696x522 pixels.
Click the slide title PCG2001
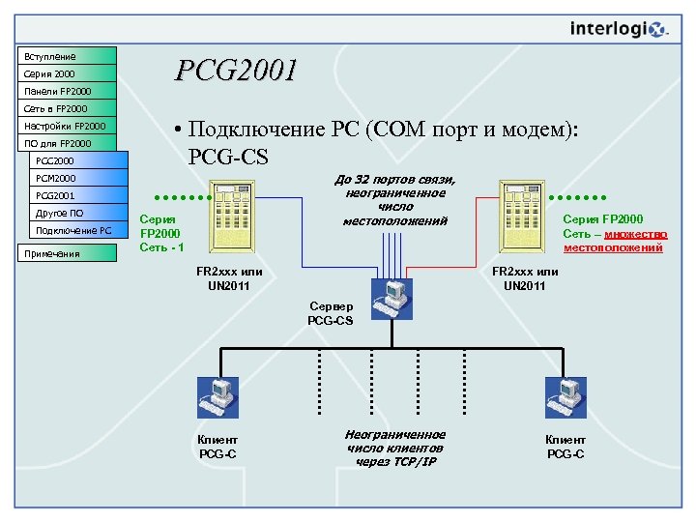235,71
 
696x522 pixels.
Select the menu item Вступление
65,56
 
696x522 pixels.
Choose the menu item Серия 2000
65,73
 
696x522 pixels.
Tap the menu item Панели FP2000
65,91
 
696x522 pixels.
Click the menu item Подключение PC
72,230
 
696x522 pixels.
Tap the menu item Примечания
65,253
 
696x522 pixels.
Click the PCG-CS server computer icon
391,297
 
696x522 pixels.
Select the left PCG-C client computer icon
217,399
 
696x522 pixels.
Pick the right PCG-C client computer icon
565,399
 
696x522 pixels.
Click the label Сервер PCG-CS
331,313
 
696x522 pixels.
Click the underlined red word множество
635,234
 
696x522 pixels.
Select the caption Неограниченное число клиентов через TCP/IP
394,448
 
